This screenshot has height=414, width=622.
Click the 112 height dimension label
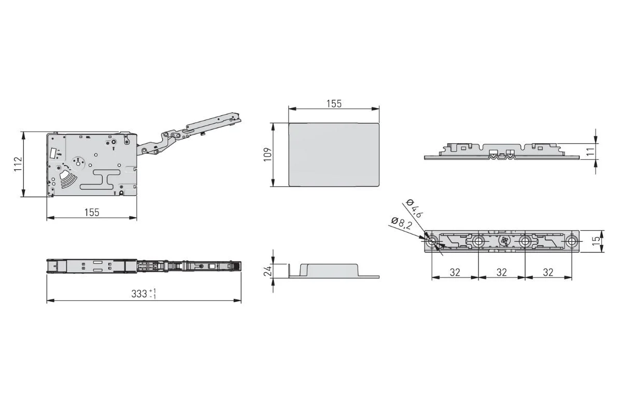click(x=17, y=164)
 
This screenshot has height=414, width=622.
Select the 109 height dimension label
click(x=267, y=154)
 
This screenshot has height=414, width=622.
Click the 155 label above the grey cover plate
click(x=334, y=103)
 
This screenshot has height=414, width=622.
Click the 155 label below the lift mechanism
click(x=92, y=212)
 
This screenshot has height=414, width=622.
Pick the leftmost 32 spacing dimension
click(x=455, y=272)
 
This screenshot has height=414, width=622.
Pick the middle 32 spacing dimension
click(x=501, y=272)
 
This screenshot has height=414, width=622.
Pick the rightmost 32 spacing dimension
click(x=548, y=272)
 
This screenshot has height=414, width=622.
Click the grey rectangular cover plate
click(x=334, y=154)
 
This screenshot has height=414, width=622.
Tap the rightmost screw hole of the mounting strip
click(x=571, y=241)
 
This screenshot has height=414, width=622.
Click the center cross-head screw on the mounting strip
click(x=502, y=241)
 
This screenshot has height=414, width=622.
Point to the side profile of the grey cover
click(x=334, y=271)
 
